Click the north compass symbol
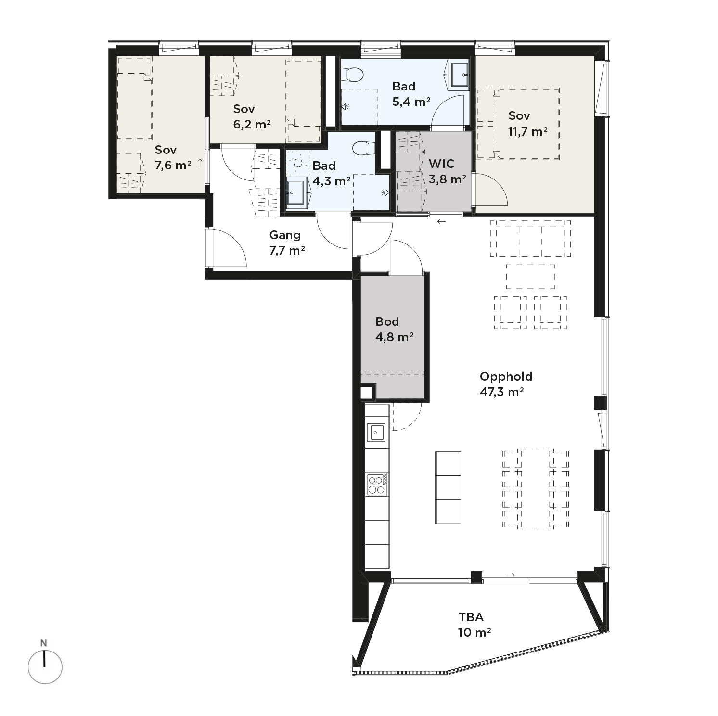tap(45, 666)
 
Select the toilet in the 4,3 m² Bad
tap(363, 148)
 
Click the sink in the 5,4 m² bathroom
tap(459, 75)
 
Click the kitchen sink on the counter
tap(376, 432)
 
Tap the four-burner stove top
tap(376, 485)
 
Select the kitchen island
tap(448, 487)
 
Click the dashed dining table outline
tap(536, 489)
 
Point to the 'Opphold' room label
tap(506, 376)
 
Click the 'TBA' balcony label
tap(471, 617)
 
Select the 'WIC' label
tap(441, 164)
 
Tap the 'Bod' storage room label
tap(387, 321)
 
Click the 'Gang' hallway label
tap(285, 235)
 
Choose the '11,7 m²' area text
tap(527, 131)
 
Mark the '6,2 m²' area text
tap(252, 125)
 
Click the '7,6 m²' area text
tap(173, 166)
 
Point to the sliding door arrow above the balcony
tap(511, 575)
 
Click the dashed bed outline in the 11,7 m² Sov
tap(518, 124)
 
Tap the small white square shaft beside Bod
tap(367, 393)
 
